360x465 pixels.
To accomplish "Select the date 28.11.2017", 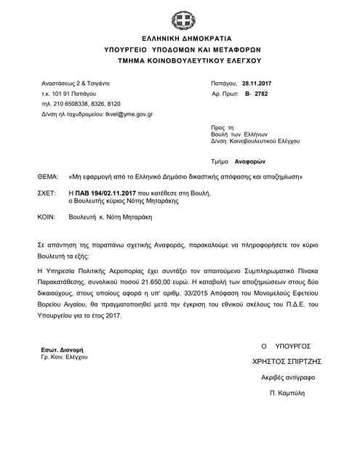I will (x=257, y=84).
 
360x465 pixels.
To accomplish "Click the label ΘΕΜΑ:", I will (x=49, y=177).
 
